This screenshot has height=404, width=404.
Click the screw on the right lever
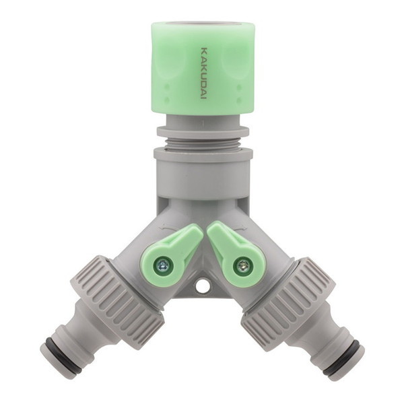tap(242, 265)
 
